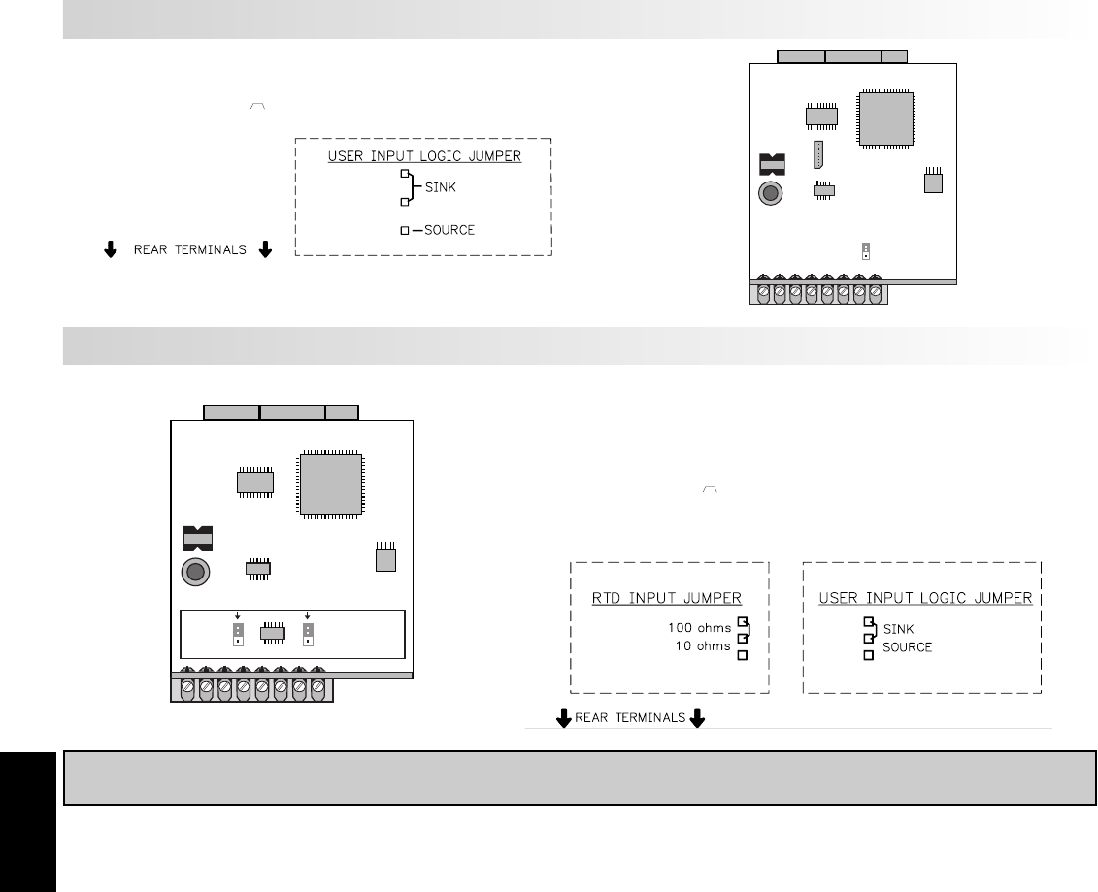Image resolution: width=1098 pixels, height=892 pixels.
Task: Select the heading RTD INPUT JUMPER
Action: click(x=667, y=598)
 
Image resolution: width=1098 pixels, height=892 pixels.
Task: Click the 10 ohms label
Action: click(x=703, y=645)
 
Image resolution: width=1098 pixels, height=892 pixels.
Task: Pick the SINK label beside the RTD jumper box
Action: click(x=898, y=629)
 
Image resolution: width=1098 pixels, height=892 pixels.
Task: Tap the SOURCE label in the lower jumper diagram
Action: click(x=907, y=646)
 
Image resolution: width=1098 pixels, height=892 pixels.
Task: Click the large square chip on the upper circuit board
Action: click(x=886, y=119)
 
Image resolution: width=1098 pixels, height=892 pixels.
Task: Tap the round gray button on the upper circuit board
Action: click(x=771, y=193)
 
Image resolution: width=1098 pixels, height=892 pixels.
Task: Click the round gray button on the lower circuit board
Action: click(x=195, y=572)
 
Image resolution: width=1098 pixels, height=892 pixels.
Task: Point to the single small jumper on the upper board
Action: click(x=864, y=251)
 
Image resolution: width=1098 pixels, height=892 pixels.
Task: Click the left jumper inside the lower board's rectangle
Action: click(x=237, y=634)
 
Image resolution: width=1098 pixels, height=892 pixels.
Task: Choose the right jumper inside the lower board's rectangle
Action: click(x=308, y=634)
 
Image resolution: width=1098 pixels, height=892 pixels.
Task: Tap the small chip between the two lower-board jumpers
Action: click(x=273, y=634)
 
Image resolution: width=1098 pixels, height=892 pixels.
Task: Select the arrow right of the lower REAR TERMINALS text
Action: click(x=696, y=719)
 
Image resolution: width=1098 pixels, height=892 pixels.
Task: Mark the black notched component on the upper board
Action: click(x=770, y=163)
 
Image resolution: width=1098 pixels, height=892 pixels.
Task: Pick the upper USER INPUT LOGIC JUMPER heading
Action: click(x=424, y=155)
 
